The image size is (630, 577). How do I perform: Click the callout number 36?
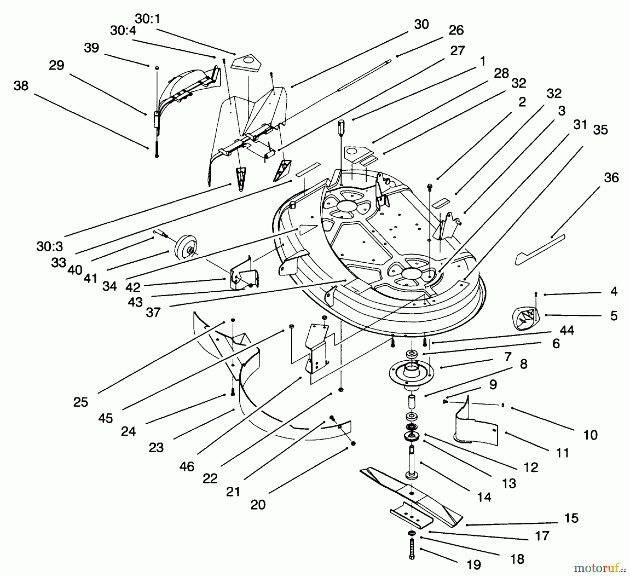click(611, 178)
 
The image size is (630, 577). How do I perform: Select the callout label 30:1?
click(148, 19)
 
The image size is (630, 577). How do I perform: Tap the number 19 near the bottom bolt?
click(474, 564)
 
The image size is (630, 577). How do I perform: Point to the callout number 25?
click(80, 402)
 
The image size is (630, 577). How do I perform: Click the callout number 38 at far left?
click(21, 86)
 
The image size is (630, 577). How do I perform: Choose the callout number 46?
click(187, 466)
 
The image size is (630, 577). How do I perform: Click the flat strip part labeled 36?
click(539, 250)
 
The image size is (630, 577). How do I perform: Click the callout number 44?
click(567, 330)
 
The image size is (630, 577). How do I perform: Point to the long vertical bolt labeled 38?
click(156, 147)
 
